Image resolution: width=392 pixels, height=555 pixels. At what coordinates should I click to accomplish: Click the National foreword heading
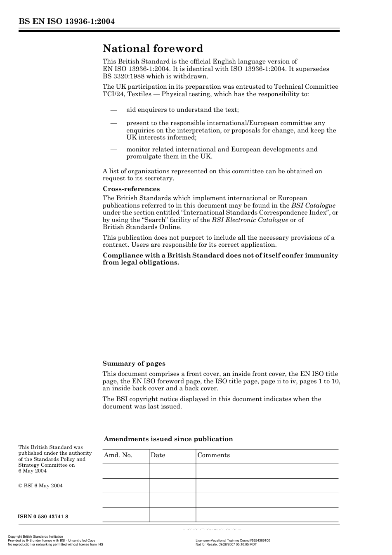click(153, 49)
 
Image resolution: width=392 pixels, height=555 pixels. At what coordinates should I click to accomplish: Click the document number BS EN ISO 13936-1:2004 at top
click(66, 21)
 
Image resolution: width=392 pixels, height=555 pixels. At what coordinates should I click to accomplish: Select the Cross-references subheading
click(131, 189)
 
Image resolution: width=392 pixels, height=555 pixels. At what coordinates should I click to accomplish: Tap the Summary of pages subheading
click(134, 364)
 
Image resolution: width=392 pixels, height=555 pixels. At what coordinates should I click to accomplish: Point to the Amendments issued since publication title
click(168, 439)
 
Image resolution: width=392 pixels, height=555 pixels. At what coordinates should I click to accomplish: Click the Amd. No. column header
click(118, 455)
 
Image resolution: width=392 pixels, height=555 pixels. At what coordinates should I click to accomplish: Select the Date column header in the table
click(158, 455)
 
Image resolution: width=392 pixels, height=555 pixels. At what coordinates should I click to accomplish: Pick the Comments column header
click(213, 455)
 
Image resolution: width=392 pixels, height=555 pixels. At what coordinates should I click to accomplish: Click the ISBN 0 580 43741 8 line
click(43, 517)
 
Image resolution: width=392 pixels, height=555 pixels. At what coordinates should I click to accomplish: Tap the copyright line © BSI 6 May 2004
click(40, 486)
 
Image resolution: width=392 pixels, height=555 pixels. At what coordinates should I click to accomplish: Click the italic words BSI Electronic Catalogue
click(250, 220)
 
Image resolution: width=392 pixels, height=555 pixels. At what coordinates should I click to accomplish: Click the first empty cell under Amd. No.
click(125, 471)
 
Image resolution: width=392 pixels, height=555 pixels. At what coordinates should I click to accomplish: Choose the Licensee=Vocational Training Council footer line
click(233, 541)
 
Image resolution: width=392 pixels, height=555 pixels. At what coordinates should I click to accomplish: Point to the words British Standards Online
click(142, 227)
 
